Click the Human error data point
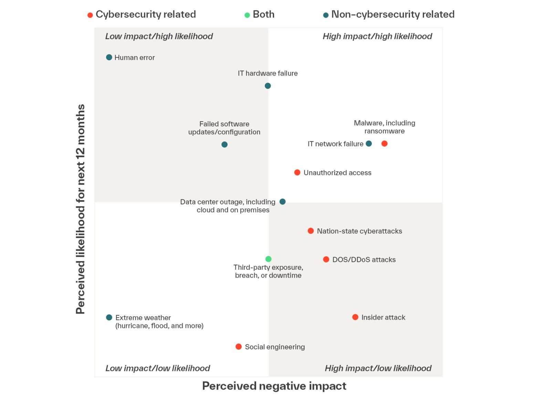pos(109,57)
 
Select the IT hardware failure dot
pos(268,86)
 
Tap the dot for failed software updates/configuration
pos(224,144)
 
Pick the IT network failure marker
pos(369,143)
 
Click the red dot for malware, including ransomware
pos(385,143)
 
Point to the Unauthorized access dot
pos(297,172)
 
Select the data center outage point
pos(282,202)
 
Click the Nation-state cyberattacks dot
pos(311,231)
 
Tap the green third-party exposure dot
pos(269,259)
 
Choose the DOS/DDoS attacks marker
pos(326,259)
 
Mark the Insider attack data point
pos(355,317)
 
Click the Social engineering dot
pos(239,347)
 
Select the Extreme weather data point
pos(109,317)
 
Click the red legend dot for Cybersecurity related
pos(90,15)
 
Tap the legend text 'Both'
pos(263,14)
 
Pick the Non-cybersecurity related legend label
pos(393,14)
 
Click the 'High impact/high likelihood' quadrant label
pos(377,37)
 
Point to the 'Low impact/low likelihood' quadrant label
pos(157,368)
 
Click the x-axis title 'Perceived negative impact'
pos(274,386)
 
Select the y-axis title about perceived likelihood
pos(80,209)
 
